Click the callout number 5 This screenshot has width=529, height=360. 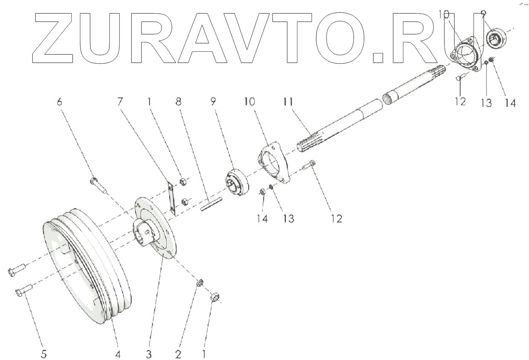pos(44,354)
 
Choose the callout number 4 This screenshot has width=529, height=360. pos(118,354)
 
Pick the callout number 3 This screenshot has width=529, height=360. pos(148,354)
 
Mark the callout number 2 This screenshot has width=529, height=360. pos(178,354)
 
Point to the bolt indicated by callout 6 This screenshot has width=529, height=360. pos(98,186)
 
